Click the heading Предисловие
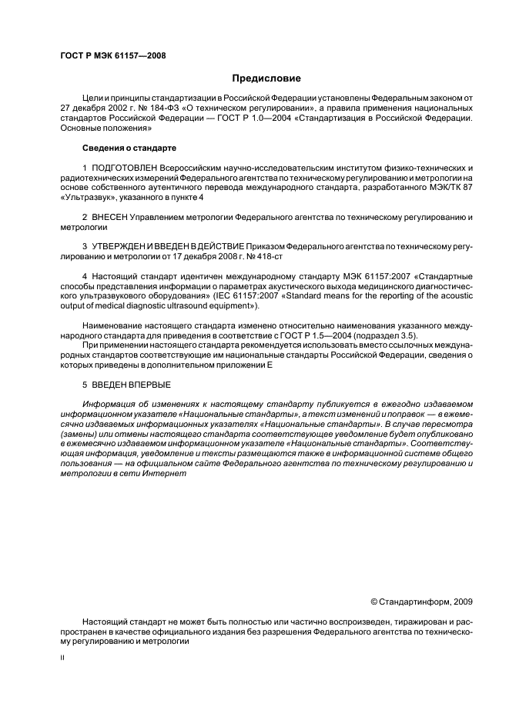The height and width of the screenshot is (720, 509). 266,78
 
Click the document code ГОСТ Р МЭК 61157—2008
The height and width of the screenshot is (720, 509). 112,55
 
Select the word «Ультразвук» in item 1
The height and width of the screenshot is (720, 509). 83,198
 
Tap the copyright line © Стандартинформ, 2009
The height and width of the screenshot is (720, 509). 421,602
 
